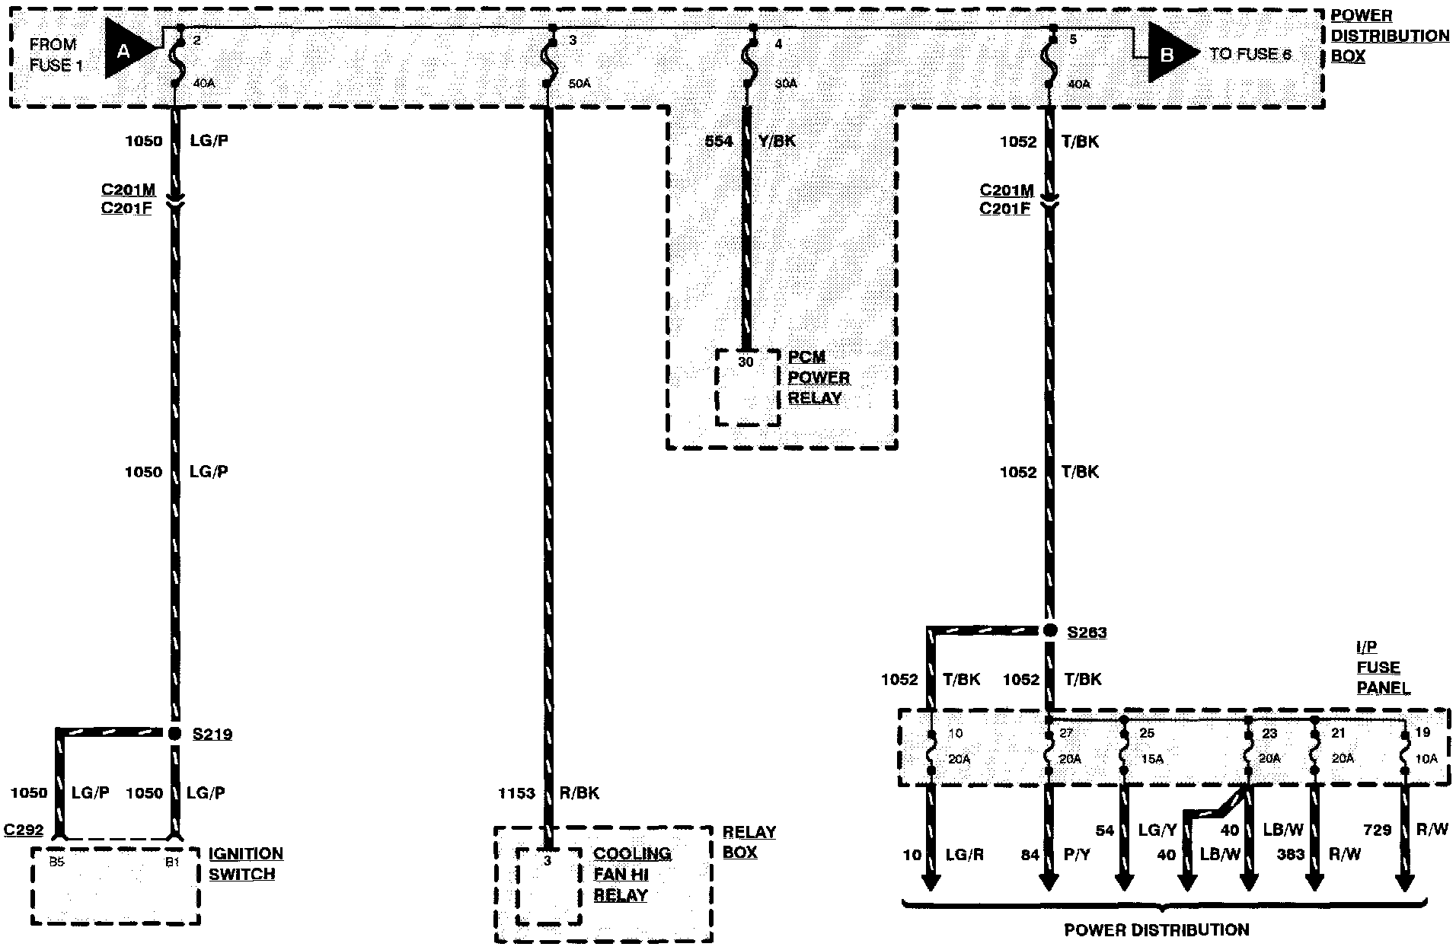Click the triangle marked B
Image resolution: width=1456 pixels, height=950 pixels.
1169,53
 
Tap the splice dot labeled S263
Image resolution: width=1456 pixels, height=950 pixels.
1049,630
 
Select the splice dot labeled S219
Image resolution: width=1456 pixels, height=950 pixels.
174,733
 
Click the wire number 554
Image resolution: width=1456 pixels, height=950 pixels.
719,141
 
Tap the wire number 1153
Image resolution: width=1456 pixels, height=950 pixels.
516,793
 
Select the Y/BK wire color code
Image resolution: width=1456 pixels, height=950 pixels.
777,141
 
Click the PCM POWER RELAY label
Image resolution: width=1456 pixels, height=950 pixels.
818,378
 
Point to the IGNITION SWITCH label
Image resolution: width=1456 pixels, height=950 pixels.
245,864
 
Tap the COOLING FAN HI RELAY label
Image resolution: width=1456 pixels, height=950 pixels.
632,875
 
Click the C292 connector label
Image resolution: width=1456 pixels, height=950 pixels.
24,830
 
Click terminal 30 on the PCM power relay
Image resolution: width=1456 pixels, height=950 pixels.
746,362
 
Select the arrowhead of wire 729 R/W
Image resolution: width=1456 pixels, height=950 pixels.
1404,883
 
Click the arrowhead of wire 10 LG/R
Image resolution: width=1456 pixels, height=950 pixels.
931,883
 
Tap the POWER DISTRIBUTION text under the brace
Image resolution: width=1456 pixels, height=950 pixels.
1156,929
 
